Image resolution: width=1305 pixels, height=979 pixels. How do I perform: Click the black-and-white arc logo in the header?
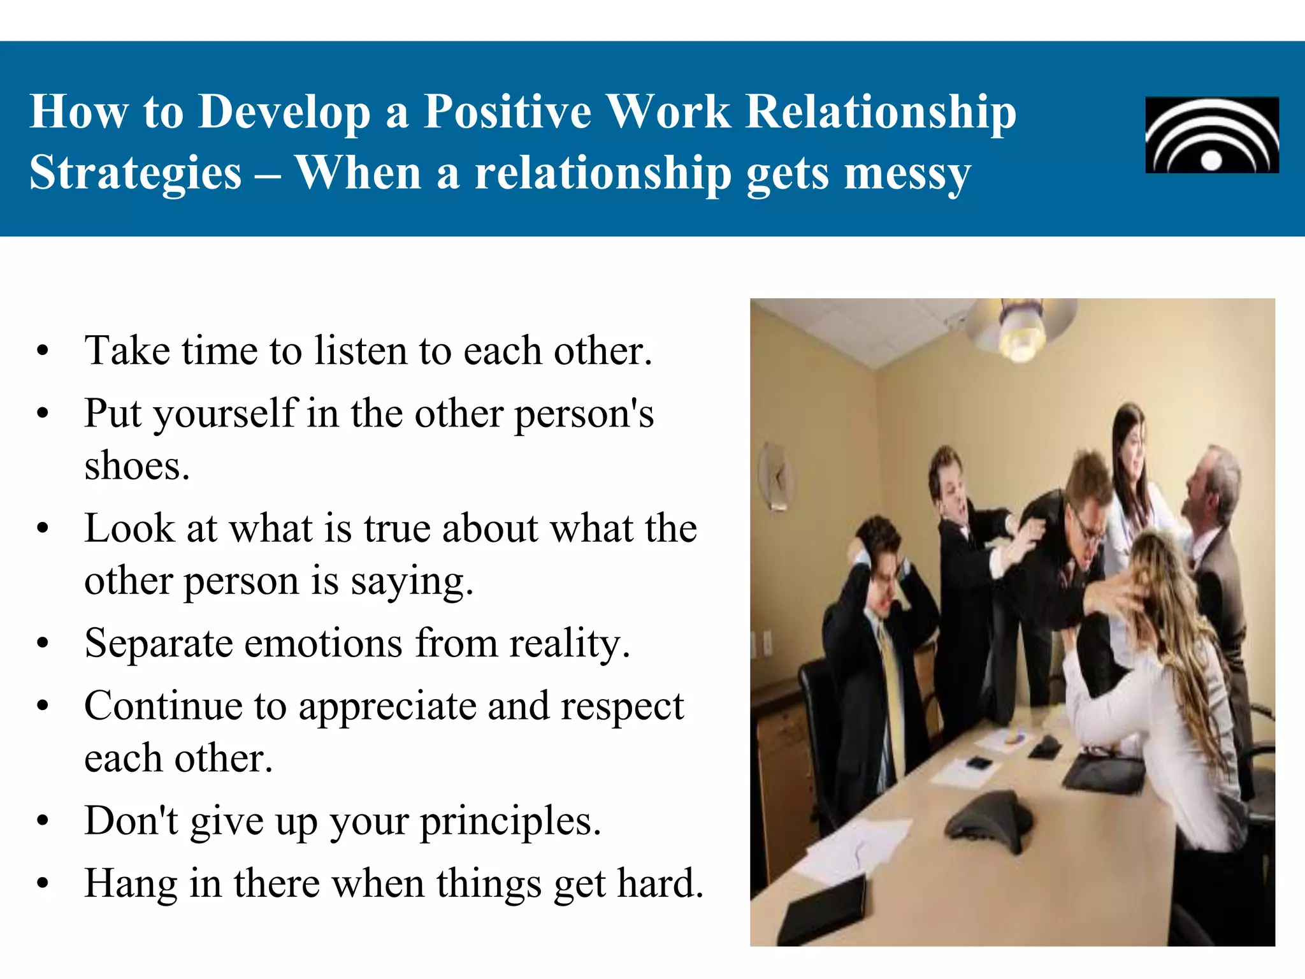pos(1211,135)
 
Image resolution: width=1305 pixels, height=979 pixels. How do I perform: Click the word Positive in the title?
pos(507,112)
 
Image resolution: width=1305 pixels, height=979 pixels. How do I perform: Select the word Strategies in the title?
pos(136,173)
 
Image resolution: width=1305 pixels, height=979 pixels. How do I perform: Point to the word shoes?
pos(136,466)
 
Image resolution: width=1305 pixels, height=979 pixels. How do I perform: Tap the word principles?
pos(510,821)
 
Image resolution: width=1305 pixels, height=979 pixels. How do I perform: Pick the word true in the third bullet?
pos(398,528)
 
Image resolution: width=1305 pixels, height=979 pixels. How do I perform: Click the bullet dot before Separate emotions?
pos(43,643)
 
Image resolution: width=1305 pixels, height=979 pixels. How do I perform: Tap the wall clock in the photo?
pos(775,475)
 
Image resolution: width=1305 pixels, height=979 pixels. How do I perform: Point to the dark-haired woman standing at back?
pos(1133,459)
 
